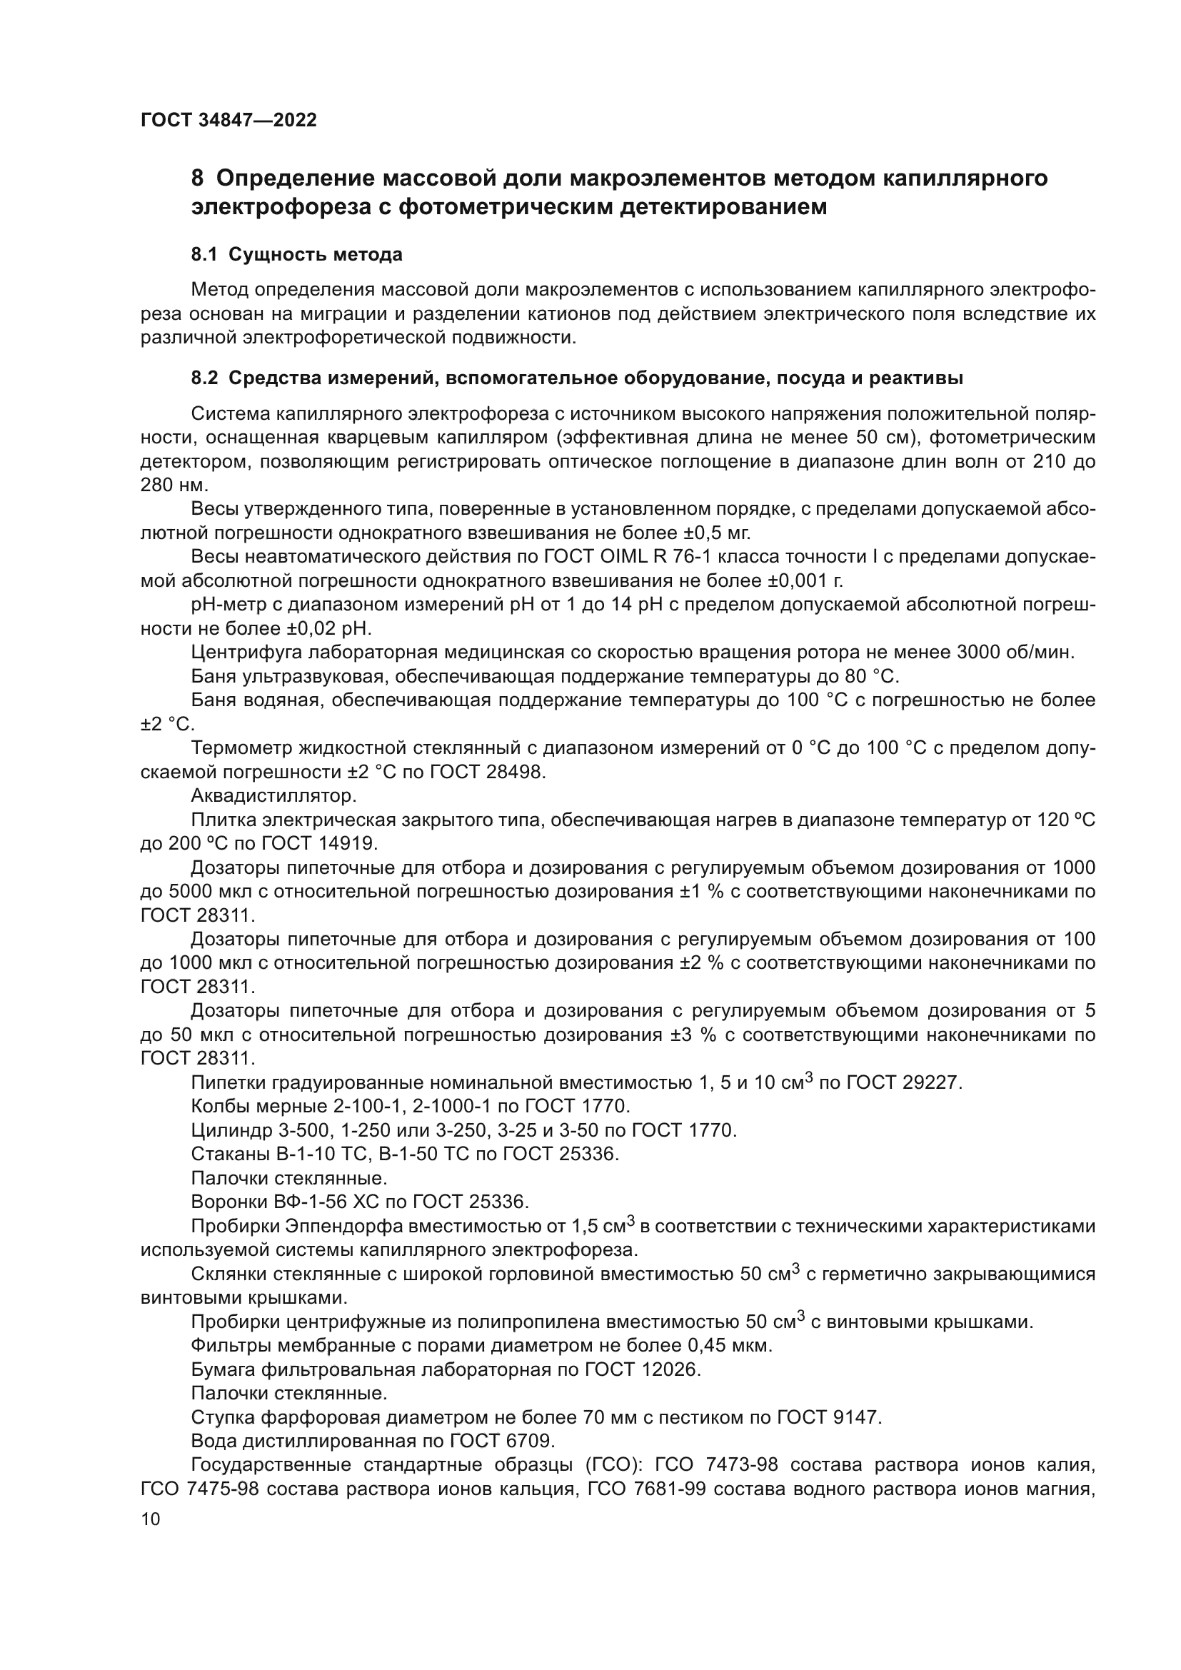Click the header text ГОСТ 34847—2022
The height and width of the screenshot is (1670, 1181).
click(228, 120)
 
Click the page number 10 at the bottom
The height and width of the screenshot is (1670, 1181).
click(151, 1519)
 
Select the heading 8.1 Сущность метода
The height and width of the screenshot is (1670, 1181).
click(297, 255)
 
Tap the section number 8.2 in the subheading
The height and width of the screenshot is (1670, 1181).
click(204, 378)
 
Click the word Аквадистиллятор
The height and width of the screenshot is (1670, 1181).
click(273, 795)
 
